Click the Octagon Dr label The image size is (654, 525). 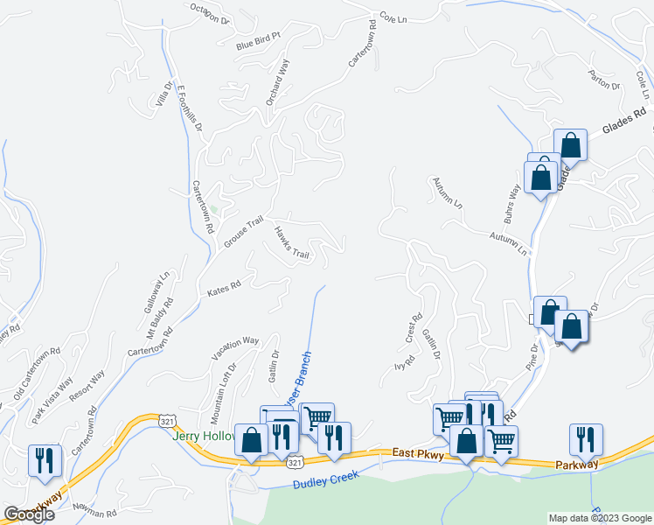pyautogui.click(x=210, y=13)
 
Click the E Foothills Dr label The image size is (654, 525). pyautogui.click(x=190, y=108)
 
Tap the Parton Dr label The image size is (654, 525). pyautogui.click(x=604, y=80)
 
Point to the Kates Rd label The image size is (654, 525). pyautogui.click(x=223, y=287)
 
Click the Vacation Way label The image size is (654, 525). pyautogui.click(x=235, y=348)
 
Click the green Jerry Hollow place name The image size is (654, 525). pyautogui.click(x=205, y=436)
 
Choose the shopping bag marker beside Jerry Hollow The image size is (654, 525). pyautogui.click(x=251, y=441)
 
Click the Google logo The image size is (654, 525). pyautogui.click(x=29, y=514)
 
